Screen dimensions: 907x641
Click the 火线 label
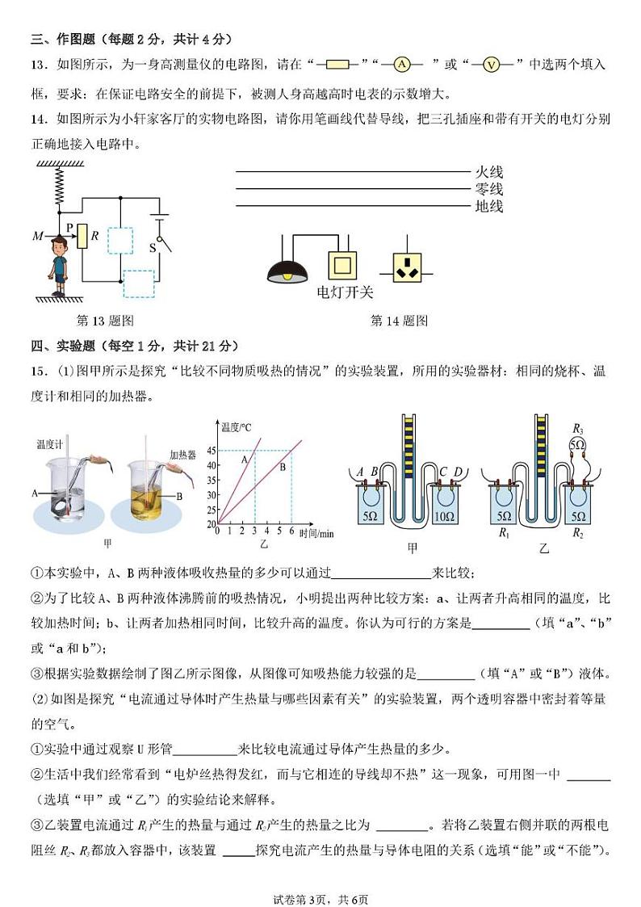488,171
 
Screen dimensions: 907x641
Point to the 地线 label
488,206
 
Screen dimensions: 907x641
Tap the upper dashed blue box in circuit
119,240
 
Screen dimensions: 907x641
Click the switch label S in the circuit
152,247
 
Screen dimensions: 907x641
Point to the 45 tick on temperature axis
212,450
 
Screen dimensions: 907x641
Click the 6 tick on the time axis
291,531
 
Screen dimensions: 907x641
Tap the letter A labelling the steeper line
244,458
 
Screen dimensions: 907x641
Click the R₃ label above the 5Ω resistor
576,429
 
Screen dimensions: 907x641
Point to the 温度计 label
50,443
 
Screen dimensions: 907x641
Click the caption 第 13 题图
105,321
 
